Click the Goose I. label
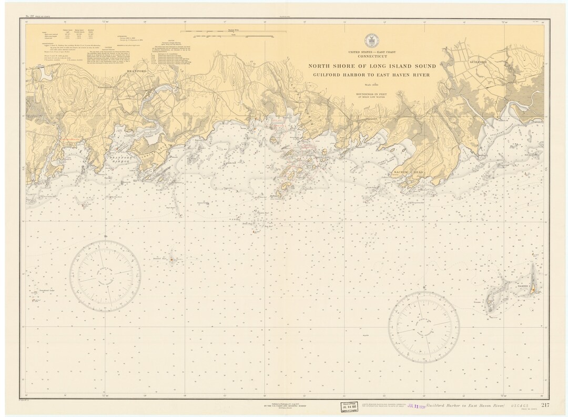478,302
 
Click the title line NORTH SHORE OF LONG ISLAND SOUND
371,66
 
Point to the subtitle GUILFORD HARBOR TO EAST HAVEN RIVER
371,75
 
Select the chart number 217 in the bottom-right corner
544,405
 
